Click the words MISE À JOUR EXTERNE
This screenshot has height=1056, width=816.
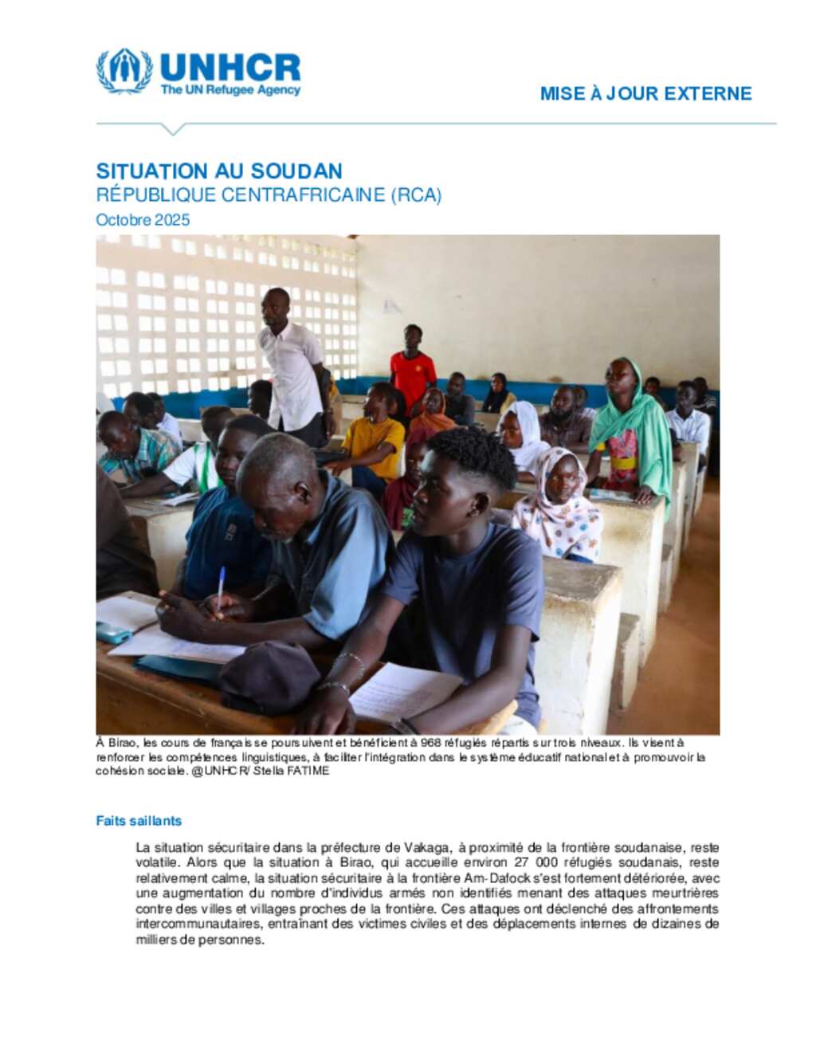645,93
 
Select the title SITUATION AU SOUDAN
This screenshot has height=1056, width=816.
219,171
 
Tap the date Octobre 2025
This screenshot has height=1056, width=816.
143,220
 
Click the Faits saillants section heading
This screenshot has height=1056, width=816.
139,820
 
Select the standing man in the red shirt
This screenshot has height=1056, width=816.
412,367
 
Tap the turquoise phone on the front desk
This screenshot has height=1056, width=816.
113,633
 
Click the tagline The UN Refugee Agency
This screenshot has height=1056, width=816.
230,90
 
